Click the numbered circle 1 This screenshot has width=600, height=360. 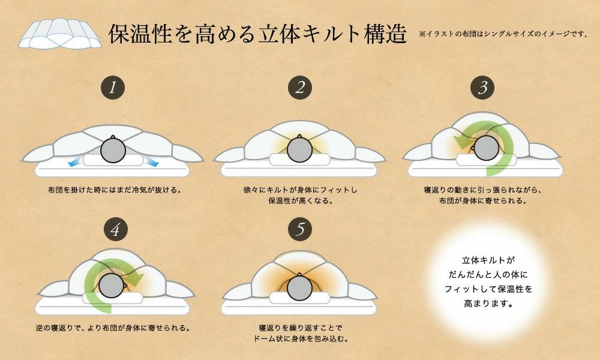tap(113, 88)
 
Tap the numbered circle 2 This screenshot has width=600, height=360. tap(300, 88)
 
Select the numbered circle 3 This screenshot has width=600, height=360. tap(482, 88)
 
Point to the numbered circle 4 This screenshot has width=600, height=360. tap(116, 229)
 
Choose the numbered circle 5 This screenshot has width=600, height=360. tap(300, 229)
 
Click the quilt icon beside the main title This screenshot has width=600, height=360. tap(59, 34)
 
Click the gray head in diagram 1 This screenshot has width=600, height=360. tap(113, 150)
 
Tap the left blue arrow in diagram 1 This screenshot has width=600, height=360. tap(74, 162)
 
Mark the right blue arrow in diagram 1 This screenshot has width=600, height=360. tap(152, 161)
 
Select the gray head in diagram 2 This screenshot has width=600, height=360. tap(299, 149)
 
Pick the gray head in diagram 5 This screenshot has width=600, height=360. tap(299, 287)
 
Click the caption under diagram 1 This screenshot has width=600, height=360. tap(115, 190)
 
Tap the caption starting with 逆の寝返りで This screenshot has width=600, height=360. tap(113, 328)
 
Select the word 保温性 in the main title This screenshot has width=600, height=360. tap(140, 34)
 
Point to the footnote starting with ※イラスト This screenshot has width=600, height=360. tap(503, 34)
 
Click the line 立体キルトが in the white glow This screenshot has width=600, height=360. tap(488, 260)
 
